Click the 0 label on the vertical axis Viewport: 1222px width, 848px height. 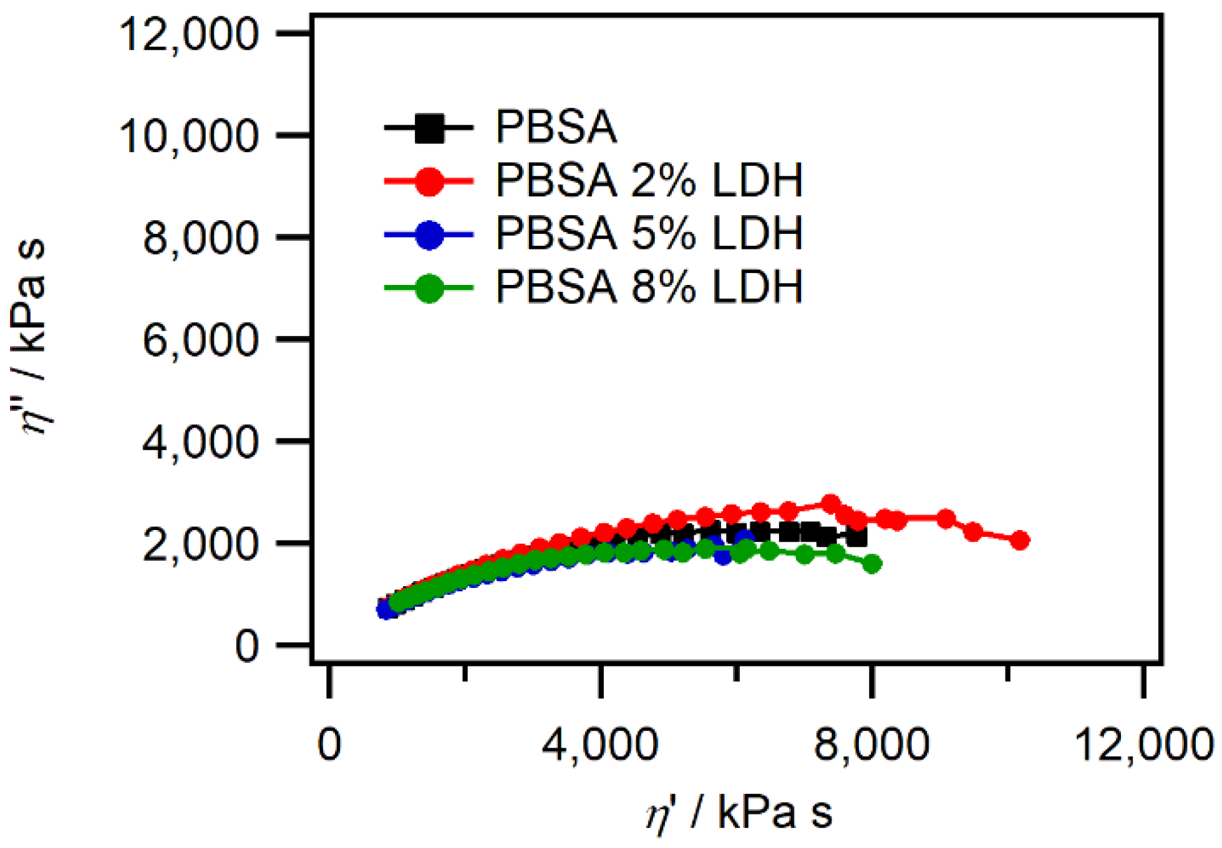click(x=247, y=646)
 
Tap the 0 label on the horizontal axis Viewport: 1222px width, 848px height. click(x=329, y=743)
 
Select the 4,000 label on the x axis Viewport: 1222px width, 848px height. click(x=600, y=743)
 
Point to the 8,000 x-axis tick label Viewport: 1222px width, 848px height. click(x=872, y=743)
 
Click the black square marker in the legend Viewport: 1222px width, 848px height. click(x=429, y=128)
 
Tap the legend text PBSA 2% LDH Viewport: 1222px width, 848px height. click(x=649, y=181)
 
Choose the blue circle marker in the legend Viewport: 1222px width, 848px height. click(x=429, y=234)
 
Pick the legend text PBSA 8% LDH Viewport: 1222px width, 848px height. click(x=649, y=287)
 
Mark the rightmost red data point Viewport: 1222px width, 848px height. click(x=1020, y=540)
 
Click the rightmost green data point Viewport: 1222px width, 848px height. click(x=873, y=564)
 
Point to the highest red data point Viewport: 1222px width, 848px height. click(x=830, y=503)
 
